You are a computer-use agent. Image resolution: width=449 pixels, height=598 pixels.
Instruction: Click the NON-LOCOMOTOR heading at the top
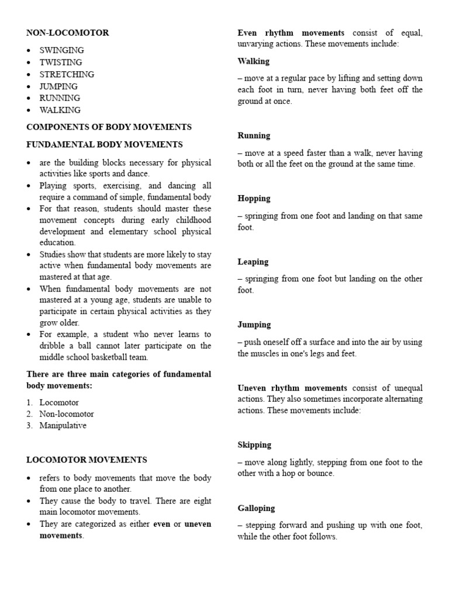point(67,33)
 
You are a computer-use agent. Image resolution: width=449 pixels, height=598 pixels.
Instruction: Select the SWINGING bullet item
point(61,51)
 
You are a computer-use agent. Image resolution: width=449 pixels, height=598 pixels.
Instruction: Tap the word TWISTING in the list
point(60,62)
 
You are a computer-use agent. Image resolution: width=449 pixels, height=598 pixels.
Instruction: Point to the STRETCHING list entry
point(67,74)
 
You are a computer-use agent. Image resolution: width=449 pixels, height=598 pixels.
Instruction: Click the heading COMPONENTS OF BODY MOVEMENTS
point(109,127)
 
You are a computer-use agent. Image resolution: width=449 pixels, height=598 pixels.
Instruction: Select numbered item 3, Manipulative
point(63,426)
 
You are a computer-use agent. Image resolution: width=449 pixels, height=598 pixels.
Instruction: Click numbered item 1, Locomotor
point(58,402)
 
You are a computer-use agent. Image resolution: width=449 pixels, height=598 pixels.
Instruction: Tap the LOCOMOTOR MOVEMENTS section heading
point(87,460)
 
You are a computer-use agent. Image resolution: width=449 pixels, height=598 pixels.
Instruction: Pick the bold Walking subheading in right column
point(253,61)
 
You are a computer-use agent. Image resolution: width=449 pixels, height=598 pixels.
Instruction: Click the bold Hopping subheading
point(254,199)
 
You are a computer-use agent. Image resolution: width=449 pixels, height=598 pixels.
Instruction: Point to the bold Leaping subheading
point(253,262)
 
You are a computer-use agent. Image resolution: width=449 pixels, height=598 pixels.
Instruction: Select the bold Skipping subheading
point(254,445)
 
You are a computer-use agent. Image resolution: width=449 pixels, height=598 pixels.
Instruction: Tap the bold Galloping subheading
point(256,508)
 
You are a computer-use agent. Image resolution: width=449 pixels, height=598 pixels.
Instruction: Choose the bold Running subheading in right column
point(254,135)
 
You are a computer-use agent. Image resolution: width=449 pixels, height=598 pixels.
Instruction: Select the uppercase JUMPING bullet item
point(58,86)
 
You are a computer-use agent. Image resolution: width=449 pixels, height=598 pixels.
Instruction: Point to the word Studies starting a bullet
point(53,255)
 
